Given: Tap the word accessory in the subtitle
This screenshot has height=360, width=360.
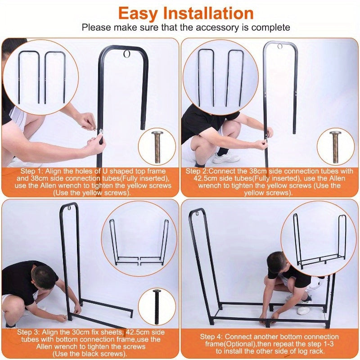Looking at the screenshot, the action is (x=217, y=27).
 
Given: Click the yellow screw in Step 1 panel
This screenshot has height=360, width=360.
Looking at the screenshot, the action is (x=157, y=147).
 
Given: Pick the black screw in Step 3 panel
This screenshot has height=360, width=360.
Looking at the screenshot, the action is (x=157, y=306).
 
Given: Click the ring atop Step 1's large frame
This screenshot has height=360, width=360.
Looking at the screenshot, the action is (x=126, y=54).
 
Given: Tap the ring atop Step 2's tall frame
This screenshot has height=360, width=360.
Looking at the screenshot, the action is (x=279, y=47).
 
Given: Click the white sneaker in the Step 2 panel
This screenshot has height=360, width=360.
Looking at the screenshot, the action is (x=226, y=158).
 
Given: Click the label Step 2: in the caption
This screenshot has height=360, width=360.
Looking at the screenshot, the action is (x=197, y=171).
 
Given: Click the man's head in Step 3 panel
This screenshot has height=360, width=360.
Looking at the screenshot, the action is (x=45, y=277).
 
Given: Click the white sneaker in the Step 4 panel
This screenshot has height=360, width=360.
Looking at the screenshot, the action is (x=303, y=310).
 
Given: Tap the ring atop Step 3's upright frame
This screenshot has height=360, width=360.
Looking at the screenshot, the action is (x=69, y=208).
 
